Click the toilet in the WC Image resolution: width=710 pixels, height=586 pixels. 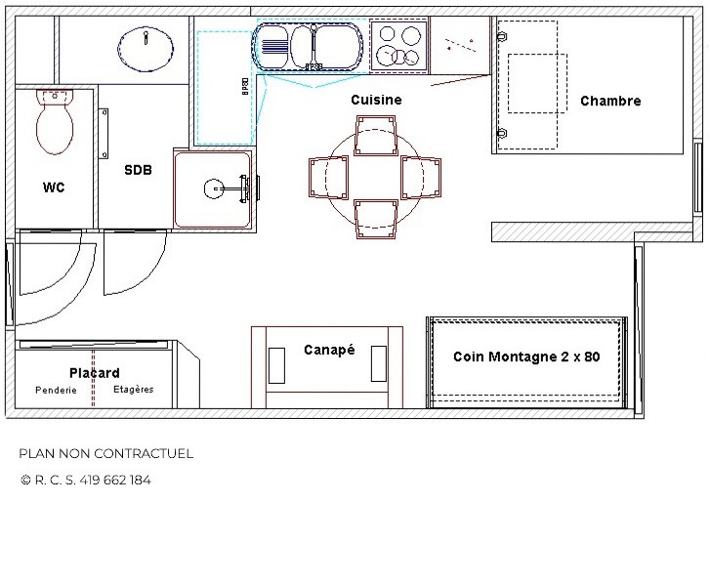click(55, 122)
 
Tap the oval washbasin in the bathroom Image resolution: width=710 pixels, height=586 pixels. click(147, 46)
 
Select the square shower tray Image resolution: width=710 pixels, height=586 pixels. click(214, 188)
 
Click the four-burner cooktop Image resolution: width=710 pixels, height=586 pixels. click(399, 45)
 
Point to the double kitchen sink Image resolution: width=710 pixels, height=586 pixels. click(307, 45)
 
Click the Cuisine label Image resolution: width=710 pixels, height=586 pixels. click(376, 100)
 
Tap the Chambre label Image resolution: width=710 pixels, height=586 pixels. click(610, 101)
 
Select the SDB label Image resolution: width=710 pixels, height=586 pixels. click(138, 169)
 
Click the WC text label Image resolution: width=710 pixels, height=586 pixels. click(54, 188)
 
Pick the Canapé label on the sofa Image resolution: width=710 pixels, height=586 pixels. click(328, 350)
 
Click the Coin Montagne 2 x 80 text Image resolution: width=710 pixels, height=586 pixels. click(526, 356)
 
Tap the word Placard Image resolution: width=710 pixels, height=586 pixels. click(95, 373)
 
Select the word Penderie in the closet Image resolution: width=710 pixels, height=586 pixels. click(56, 390)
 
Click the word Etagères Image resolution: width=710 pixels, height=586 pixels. click(133, 390)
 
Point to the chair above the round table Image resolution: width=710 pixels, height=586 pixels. click(376, 135)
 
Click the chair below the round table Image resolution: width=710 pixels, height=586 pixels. click(376, 219)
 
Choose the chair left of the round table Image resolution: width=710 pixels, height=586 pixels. click(329, 178)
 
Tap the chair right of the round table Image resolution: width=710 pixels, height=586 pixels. click(422, 177)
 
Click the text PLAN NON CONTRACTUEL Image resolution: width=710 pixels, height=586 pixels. click(105, 453)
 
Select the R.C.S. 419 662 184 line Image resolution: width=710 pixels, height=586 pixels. click(85, 480)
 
